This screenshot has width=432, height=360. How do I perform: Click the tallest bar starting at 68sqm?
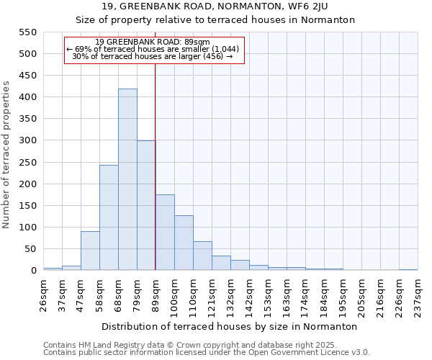(127, 180)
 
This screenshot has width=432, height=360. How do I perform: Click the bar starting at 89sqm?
(165, 233)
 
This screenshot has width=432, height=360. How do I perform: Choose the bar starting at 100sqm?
(184, 243)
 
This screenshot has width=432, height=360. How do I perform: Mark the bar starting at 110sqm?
(202, 256)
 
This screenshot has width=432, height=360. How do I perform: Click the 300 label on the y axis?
(27, 141)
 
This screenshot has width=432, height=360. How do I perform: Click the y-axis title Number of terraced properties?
(7, 154)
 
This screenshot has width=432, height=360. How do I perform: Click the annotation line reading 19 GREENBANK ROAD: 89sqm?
(153, 42)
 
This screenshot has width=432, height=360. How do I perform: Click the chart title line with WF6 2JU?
(216, 6)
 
